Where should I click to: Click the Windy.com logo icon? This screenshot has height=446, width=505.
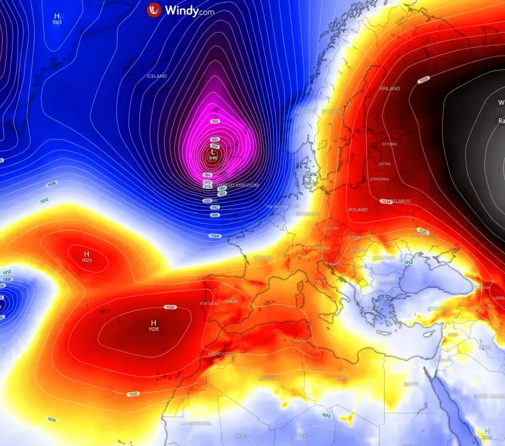(x=154, y=10)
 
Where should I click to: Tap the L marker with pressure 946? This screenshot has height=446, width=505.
(x=213, y=154)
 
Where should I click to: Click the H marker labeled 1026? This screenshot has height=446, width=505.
(x=153, y=324)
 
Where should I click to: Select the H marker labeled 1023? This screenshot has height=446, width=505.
(x=86, y=257)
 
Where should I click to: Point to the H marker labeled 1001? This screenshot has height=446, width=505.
(x=56, y=19)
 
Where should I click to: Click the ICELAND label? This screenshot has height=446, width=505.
(x=157, y=76)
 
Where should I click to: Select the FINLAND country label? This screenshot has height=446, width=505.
(x=389, y=88)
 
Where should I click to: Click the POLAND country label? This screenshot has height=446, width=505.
(x=357, y=209)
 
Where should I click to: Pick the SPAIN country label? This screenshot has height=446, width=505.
(x=231, y=301)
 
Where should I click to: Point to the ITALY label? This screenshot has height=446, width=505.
(x=320, y=282)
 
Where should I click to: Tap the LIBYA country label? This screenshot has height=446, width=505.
(x=341, y=378)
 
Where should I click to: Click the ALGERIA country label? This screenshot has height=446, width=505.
(x=268, y=379)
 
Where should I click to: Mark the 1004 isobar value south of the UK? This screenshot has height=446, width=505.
(x=215, y=236)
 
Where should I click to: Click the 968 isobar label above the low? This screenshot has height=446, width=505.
(x=215, y=122)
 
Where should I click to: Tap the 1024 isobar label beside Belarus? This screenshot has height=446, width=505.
(x=386, y=201)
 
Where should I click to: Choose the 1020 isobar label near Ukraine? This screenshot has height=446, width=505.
(x=423, y=231)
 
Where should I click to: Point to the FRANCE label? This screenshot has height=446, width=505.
(x=262, y=258)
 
